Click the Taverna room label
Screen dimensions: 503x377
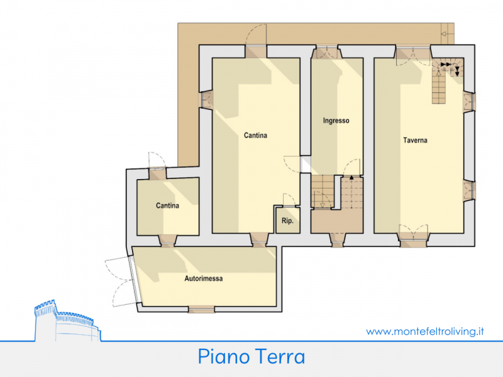pos(415,140)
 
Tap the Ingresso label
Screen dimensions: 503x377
pos(336,121)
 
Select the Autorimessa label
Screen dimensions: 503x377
pos(203,278)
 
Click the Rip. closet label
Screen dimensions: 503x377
pos(287,221)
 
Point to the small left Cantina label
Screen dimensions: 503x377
pos(167,205)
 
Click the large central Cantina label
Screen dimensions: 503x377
pos(255,135)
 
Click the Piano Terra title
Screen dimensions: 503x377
pos(251,357)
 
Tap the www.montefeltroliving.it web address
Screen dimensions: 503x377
pos(425,332)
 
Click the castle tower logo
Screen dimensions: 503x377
pos(67,320)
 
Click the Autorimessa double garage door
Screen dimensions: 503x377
pos(122,280)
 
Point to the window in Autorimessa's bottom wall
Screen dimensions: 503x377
pos(201,309)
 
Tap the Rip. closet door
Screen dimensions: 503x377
pos(289,200)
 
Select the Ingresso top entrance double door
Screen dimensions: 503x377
pos(326,52)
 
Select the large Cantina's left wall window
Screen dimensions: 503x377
pos(206,100)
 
